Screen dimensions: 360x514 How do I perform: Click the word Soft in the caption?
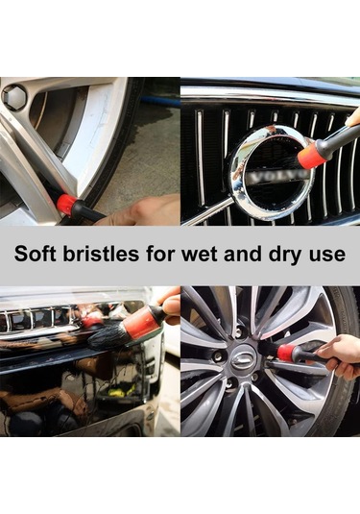(36, 254)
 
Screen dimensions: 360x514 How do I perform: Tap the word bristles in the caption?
(101, 254)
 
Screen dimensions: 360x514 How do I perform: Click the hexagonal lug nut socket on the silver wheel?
(13, 95)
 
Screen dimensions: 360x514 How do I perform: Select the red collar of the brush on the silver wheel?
(66, 205)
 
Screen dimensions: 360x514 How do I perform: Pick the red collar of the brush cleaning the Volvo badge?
(310, 153)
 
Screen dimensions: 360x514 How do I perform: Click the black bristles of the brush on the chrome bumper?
(106, 336)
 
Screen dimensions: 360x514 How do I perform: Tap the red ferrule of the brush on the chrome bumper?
(141, 322)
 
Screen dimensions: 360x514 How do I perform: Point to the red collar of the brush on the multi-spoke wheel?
(285, 353)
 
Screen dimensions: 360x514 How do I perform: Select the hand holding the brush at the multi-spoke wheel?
(341, 357)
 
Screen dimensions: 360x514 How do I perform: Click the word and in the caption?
(244, 255)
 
